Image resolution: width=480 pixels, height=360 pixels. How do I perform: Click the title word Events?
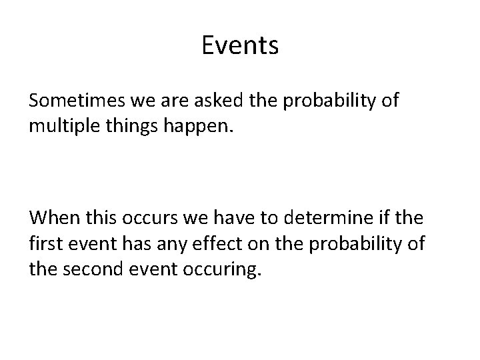(239, 46)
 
